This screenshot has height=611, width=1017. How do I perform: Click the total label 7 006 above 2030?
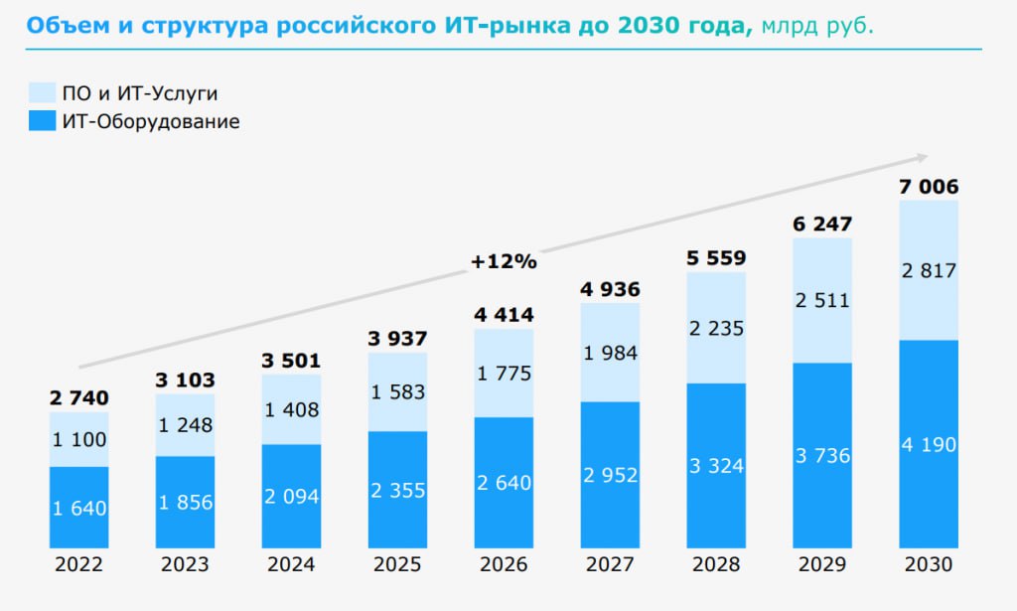click(930, 187)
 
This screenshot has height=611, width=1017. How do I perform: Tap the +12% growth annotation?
click(504, 262)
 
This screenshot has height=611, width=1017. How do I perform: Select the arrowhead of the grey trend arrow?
click(922, 157)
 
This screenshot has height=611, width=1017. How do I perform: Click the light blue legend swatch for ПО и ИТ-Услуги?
click(41, 94)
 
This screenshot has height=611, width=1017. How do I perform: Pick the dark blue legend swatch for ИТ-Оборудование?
click(41, 122)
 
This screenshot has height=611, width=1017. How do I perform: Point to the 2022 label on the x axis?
click(78, 564)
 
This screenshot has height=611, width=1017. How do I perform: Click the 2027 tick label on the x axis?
click(610, 564)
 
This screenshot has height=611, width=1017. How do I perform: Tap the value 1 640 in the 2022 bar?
click(78, 509)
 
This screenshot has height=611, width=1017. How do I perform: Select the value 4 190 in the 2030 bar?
click(930, 445)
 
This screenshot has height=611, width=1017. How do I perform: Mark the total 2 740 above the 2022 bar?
click(78, 398)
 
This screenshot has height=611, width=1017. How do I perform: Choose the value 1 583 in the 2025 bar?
click(397, 391)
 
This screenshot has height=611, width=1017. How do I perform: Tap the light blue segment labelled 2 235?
click(716, 328)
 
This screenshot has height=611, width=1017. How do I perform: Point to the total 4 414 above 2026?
click(504, 316)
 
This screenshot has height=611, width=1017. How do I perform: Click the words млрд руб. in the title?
click(818, 24)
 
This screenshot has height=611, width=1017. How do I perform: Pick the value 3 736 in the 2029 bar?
click(822, 456)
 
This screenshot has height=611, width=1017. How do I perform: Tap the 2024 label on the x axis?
click(291, 564)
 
